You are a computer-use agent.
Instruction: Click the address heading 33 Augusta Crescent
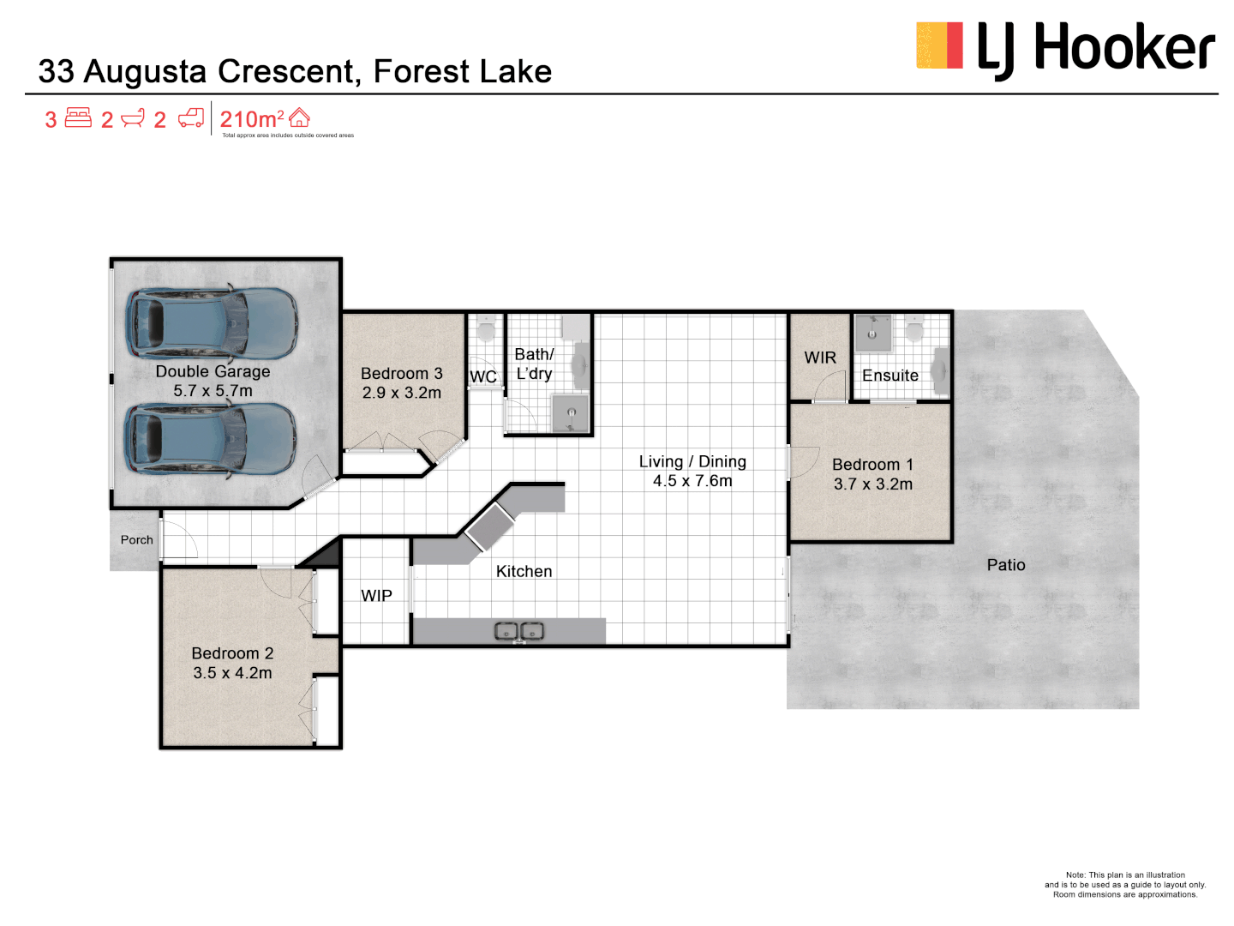pyautogui.click(x=295, y=71)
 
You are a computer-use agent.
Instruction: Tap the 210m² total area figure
pyautogui.click(x=251, y=119)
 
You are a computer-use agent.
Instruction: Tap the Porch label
pyautogui.click(x=136, y=540)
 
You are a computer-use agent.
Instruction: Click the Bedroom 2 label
pyautogui.click(x=232, y=653)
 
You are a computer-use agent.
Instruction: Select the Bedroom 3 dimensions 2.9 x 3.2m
pyautogui.click(x=401, y=393)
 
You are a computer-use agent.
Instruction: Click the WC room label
pyautogui.click(x=483, y=377)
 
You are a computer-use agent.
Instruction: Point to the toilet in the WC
pyautogui.click(x=486, y=328)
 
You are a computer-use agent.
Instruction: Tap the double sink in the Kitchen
pyautogui.click(x=519, y=632)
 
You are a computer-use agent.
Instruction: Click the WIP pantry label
pyautogui.click(x=376, y=596)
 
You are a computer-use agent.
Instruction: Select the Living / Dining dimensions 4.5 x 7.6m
pyautogui.click(x=692, y=481)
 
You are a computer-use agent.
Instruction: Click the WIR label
pyautogui.click(x=820, y=358)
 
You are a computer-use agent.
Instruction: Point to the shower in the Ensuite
pyautogui.click(x=872, y=333)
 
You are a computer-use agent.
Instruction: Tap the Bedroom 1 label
pyautogui.click(x=872, y=465)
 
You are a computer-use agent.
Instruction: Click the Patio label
pyautogui.click(x=1005, y=565)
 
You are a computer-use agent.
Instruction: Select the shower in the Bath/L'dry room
pyautogui.click(x=571, y=412)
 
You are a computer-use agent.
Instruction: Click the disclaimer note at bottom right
pyautogui.click(x=1124, y=885)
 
